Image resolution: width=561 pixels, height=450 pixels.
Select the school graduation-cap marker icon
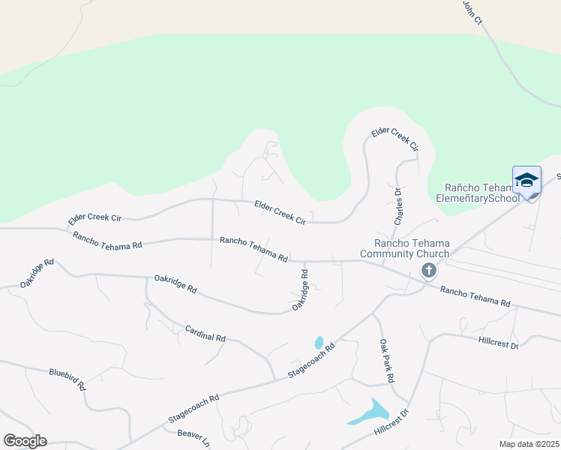pyautogui.click(x=526, y=181)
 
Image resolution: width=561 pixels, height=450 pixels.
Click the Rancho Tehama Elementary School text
pyautogui.click(x=481, y=193)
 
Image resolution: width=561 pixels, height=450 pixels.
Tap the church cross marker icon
pyautogui.click(x=428, y=271)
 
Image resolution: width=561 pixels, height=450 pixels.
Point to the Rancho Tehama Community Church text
pyautogui.click(x=412, y=248)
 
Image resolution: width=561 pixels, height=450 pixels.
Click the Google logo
pyautogui.click(x=25, y=440)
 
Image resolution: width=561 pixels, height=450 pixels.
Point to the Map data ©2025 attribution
pyautogui.click(x=527, y=444)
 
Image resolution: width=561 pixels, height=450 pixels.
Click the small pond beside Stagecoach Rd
pyautogui.click(x=319, y=343)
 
